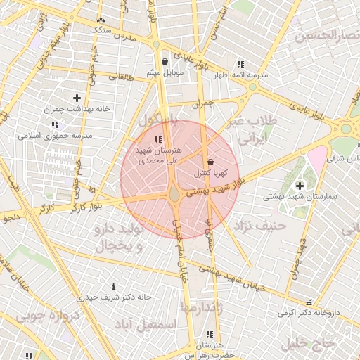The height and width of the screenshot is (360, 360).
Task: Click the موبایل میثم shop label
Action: point(165,72)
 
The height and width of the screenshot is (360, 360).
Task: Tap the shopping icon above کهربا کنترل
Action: point(210,162)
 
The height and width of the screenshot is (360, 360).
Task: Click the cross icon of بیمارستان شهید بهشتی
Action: point(300,186)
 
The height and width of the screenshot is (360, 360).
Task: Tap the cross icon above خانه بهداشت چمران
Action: point(77,98)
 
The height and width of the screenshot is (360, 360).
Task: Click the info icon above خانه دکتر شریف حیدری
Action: point(114,287)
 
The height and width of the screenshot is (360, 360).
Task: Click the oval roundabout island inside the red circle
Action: point(174,191)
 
